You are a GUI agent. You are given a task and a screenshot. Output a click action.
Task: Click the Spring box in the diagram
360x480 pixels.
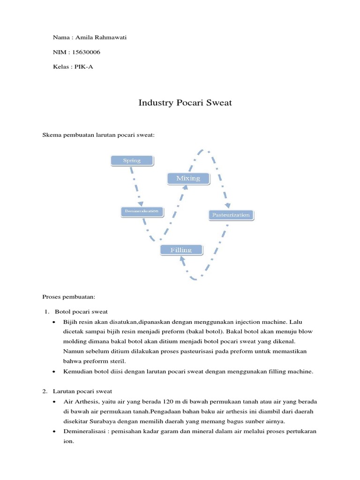click(x=132, y=161)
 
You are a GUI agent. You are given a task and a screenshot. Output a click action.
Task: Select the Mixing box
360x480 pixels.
click(x=187, y=178)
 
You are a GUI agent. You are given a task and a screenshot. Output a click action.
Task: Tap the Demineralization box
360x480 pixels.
click(x=142, y=211)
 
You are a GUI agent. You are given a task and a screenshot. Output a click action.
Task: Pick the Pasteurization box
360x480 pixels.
click(x=231, y=215)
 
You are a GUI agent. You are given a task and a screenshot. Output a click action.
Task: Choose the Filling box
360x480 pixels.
click(x=181, y=250)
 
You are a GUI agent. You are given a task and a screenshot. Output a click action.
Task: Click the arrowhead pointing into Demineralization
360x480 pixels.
click(x=140, y=203)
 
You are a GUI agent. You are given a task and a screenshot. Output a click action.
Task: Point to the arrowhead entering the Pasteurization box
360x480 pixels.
click(x=228, y=205)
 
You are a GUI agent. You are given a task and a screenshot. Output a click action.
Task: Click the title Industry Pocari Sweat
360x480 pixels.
click(x=185, y=103)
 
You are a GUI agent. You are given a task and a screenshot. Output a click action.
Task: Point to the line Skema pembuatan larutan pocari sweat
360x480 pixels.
click(x=98, y=135)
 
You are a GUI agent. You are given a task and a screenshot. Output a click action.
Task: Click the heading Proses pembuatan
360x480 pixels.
click(x=69, y=297)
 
